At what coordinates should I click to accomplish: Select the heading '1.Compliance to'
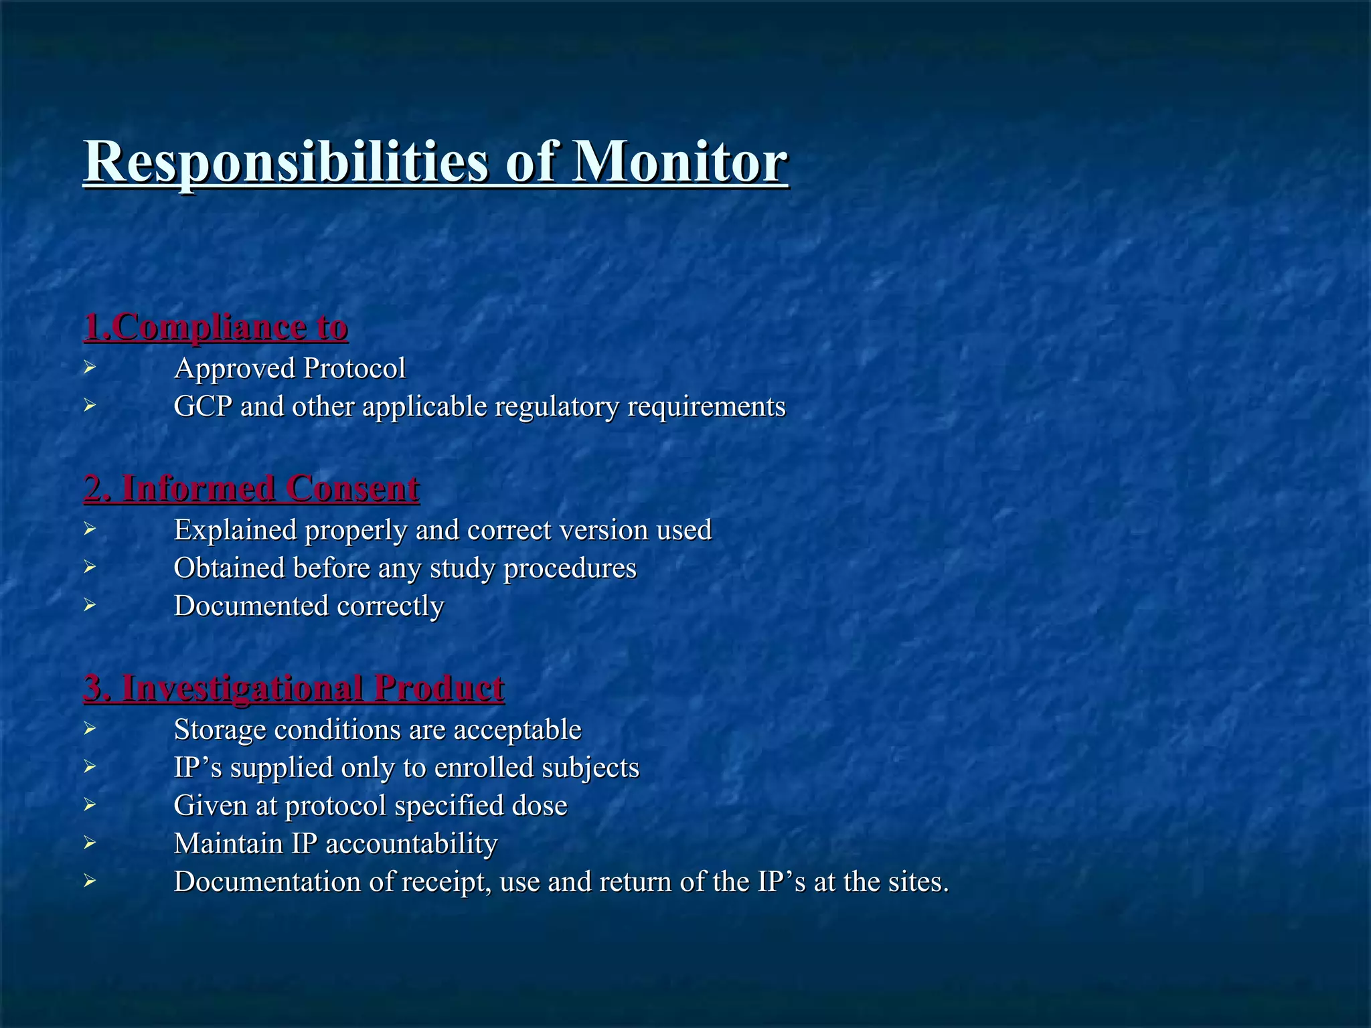click(x=216, y=327)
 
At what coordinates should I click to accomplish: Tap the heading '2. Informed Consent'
click(x=252, y=488)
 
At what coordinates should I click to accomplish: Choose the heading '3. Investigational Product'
click(x=294, y=688)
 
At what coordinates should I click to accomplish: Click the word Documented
click(x=251, y=606)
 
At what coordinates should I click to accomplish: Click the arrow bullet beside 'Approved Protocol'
click(x=90, y=367)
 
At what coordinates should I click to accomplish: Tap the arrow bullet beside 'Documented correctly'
click(x=90, y=605)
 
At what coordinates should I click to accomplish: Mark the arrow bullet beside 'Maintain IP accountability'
click(x=90, y=843)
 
